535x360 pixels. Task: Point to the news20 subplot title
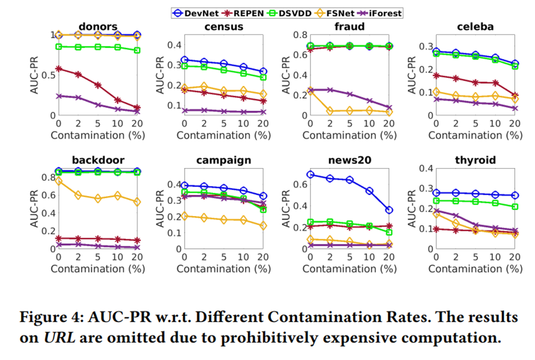tap(349, 160)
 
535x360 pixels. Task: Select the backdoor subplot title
tap(98, 160)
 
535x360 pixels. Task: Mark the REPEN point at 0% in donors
tap(59, 69)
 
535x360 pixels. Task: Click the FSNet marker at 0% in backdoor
tap(59, 181)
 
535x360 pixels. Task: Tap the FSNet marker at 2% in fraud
tap(330, 111)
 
